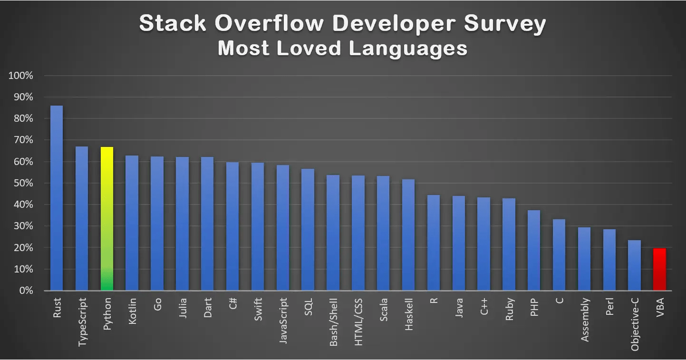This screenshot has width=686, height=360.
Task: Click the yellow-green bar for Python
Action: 107,219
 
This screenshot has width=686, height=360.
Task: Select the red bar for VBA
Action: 659,269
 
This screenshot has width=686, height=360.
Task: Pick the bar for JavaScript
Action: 283,228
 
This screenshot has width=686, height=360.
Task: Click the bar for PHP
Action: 534,250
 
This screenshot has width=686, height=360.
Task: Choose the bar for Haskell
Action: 408,235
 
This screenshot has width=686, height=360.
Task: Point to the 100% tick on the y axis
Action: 20,76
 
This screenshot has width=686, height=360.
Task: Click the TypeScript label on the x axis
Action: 82,321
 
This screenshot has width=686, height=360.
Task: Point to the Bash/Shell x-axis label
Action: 333,322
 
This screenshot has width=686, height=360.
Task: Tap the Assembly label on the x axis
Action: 585,319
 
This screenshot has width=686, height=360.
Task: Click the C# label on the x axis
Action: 233,304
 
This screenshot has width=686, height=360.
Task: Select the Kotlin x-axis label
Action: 133,311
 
